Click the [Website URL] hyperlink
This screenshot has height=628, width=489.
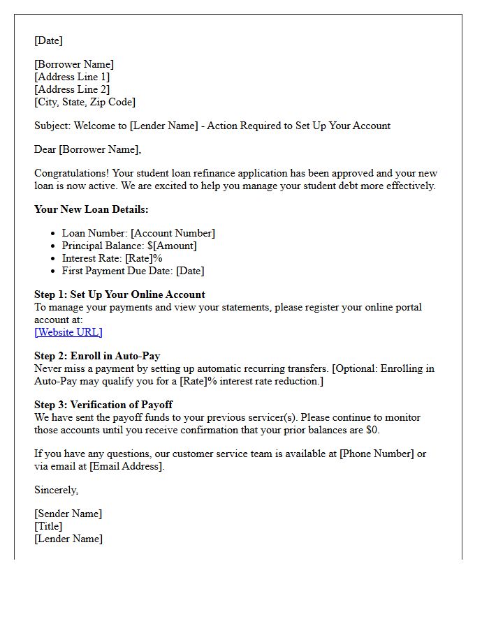coord(68,332)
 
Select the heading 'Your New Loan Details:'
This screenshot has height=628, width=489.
coord(92,209)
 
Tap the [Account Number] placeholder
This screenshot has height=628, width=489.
coord(173,233)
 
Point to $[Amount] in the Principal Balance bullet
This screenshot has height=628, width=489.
coord(172,246)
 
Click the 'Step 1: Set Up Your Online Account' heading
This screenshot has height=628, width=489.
coord(119,294)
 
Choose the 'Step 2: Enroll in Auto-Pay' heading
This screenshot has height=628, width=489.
coord(97,356)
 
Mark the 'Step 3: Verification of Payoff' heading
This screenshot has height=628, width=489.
coord(103,405)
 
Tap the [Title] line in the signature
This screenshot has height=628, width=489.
coord(48,526)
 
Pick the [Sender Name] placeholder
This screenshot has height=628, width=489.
coord(68,514)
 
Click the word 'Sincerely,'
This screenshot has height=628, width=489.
coord(57,490)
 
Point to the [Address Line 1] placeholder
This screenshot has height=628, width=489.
coord(72,77)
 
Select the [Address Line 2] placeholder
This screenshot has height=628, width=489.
coord(72,89)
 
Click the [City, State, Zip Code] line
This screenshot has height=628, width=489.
coord(85,102)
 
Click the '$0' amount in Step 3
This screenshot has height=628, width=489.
coord(372,430)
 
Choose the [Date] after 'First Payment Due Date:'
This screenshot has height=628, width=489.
coord(190,271)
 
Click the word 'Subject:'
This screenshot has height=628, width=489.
coord(52,126)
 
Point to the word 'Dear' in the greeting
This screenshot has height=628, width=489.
coord(45,149)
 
